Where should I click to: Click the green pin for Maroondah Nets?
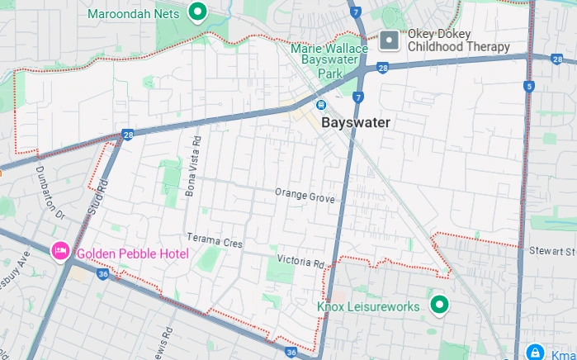point(197,12)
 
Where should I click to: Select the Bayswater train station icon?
point(320,105)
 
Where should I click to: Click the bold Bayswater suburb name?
point(355,122)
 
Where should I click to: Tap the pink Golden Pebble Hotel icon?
point(60,250)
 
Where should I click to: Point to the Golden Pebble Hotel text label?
point(132,253)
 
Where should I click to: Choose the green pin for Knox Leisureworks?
point(440,306)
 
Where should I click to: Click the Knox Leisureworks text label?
point(368,307)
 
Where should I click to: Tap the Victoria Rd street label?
point(300,263)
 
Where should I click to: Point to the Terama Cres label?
point(215,243)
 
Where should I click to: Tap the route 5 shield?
point(528,86)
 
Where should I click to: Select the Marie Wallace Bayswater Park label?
point(329,61)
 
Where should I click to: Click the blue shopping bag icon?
point(534,352)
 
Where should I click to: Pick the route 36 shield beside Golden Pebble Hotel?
point(102,273)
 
